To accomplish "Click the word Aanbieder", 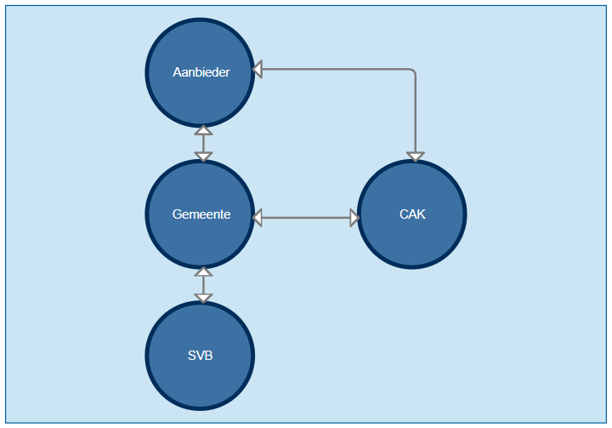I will click(x=201, y=72).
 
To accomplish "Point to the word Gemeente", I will click(x=201, y=214).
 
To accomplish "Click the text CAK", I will click(x=412, y=214).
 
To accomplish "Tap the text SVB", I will click(x=201, y=356).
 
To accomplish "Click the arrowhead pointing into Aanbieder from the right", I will click(x=258, y=68).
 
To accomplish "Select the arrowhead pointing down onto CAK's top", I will click(x=415, y=156).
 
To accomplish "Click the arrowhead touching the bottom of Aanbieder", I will click(x=203, y=130).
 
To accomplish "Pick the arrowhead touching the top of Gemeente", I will click(x=203, y=156).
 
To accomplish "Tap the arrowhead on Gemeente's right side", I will click(x=258, y=218).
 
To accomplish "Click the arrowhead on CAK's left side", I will click(x=354, y=218).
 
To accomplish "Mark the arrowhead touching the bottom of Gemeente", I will click(x=203, y=272).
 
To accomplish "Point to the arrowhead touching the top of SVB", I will click(x=203, y=297).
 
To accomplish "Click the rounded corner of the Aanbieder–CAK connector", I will click(x=412, y=71).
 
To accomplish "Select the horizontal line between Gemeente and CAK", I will click(x=306, y=218).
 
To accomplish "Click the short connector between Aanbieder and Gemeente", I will click(x=203, y=143).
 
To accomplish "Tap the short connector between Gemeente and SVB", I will click(x=203, y=285).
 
